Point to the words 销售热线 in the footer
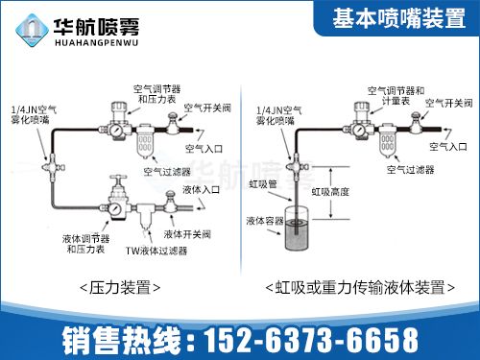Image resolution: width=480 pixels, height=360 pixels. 125,339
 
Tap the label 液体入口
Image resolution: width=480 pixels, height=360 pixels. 200,190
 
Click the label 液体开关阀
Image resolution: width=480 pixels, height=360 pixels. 186,233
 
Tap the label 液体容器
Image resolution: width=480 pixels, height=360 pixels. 264,222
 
